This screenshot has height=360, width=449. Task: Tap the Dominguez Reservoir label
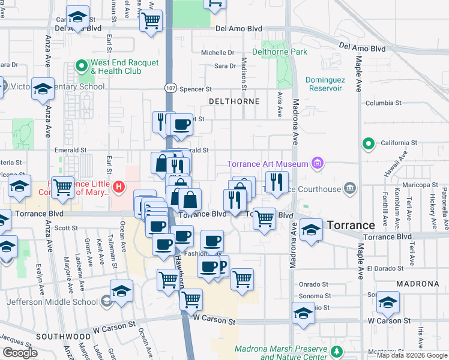(324, 84)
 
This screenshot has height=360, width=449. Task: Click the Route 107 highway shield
(170, 88)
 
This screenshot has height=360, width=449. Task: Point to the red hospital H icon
(119, 187)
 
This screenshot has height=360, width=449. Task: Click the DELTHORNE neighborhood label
(234, 101)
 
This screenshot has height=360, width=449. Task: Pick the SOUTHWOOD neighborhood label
(58, 337)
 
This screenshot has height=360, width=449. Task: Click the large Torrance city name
(351, 225)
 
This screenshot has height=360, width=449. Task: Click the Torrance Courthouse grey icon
(350, 190)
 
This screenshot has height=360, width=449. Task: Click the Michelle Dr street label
(217, 53)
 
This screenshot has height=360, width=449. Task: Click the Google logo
(20, 353)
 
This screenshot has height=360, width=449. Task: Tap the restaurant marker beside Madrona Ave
(276, 182)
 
